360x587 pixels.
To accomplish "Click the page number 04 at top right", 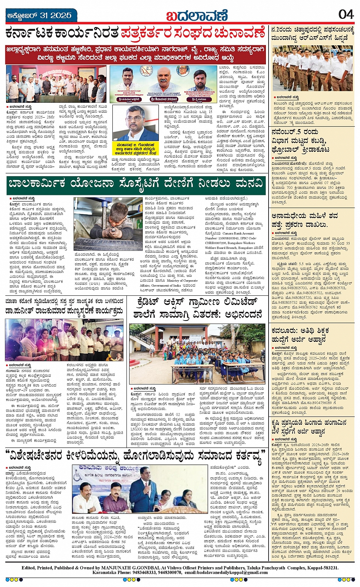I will coord(346,14).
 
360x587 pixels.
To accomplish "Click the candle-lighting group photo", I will coord(64,340).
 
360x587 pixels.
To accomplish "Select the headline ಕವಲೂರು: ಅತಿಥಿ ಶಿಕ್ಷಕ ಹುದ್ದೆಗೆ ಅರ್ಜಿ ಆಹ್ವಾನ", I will coord(301,334).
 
